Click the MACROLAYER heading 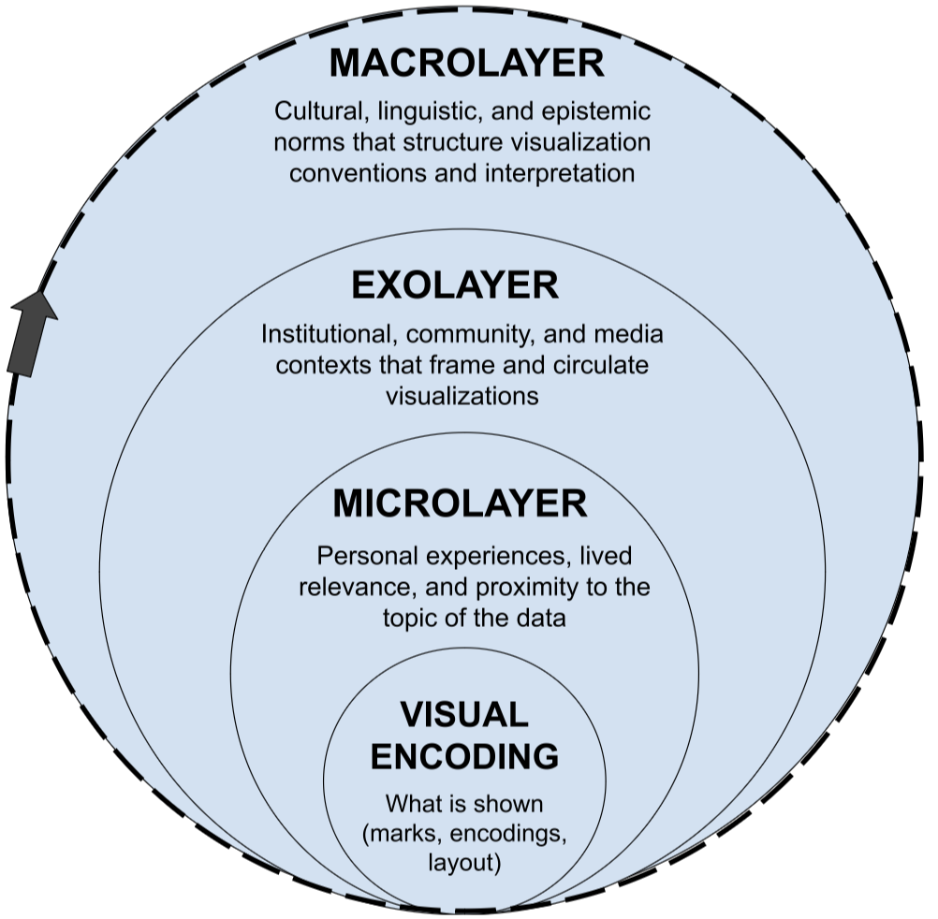pyautogui.click(x=466, y=64)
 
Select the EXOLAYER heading pyautogui.click(x=455, y=285)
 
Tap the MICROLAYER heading pyautogui.click(x=460, y=503)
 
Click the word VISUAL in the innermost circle pyautogui.click(x=464, y=716)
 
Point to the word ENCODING pyautogui.click(x=464, y=755)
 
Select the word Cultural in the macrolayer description pyautogui.click(x=312, y=112)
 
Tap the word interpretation pyautogui.click(x=552, y=173)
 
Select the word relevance pyautogui.click(x=344, y=588)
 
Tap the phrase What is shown pyautogui.click(x=464, y=804)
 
